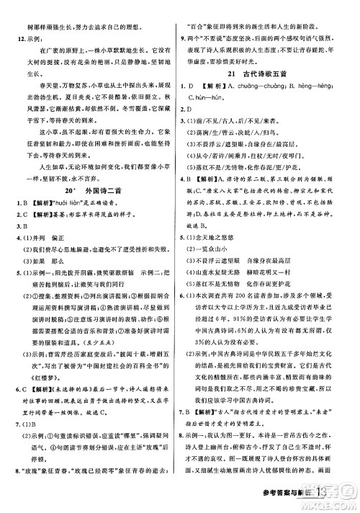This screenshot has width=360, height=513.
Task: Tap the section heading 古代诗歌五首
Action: click(279, 73)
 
